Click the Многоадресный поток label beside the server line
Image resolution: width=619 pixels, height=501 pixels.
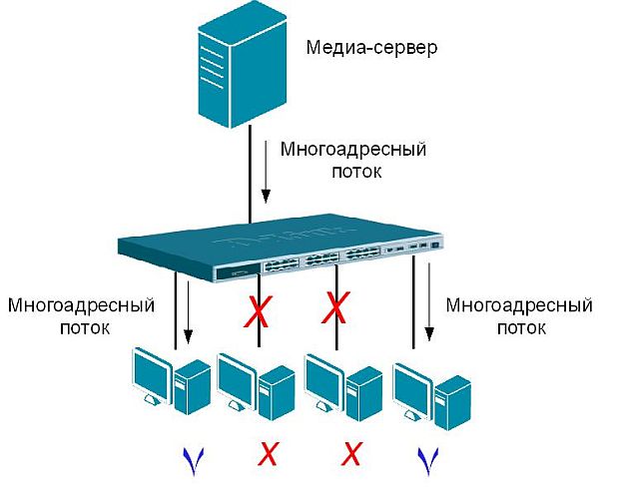[353, 161]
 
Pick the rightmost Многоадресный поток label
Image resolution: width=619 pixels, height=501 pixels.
[518, 313]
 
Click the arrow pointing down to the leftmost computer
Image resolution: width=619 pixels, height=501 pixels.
[189, 315]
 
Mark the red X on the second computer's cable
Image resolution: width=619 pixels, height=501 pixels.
[258, 314]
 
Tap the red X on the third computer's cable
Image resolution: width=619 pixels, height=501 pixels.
[338, 307]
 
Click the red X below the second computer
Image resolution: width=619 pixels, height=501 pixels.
[267, 455]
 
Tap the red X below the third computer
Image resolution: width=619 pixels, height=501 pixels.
[350, 455]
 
